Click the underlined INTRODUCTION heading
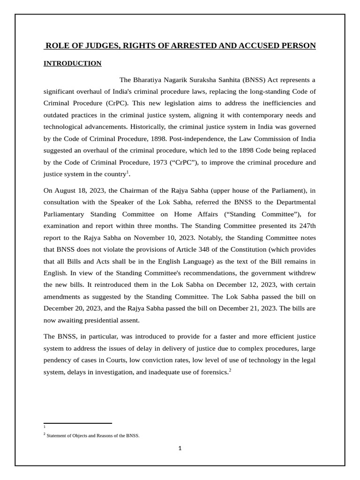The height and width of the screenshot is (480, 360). (73, 63)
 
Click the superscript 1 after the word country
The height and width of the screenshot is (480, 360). (128, 172)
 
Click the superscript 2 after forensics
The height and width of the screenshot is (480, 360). (230, 370)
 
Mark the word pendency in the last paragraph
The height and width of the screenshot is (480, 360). (58, 360)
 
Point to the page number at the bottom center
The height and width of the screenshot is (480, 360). (180, 448)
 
